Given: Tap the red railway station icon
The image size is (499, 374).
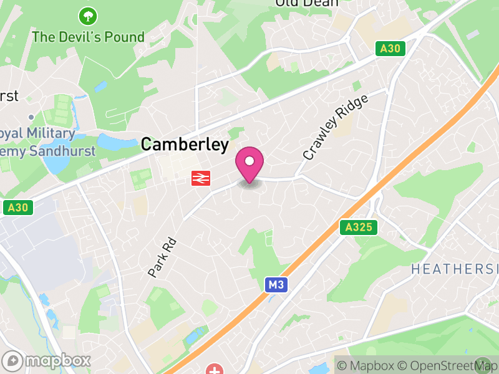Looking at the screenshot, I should pyautogui.click(x=200, y=178).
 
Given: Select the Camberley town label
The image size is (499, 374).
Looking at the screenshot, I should pyautogui.click(x=185, y=145).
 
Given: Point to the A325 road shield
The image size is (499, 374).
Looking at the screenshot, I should pyautogui.click(x=359, y=228).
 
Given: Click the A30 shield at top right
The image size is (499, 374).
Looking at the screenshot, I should pyautogui.click(x=391, y=48).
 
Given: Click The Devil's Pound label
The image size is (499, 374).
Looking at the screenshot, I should pyautogui.click(x=88, y=37).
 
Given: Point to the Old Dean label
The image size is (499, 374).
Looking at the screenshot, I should pyautogui.click(x=307, y=3).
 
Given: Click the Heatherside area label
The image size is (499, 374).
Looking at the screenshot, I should pyautogui.click(x=455, y=269).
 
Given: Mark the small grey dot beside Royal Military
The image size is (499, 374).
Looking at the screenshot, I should pyautogui.click(x=31, y=117).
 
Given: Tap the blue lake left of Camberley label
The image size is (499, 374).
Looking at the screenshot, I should pyautogui.click(x=115, y=143).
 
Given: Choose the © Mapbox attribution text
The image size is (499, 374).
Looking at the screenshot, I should pyautogui.click(x=366, y=365).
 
